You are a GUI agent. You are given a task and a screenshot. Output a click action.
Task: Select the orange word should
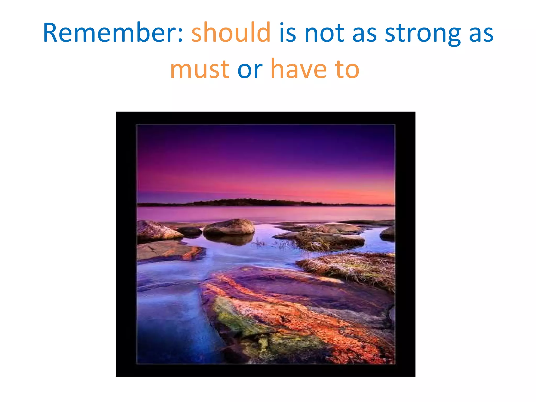click(x=231, y=33)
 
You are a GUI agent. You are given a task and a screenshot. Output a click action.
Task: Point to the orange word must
click(x=200, y=70)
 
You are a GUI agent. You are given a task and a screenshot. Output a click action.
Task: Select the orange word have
click(x=299, y=69)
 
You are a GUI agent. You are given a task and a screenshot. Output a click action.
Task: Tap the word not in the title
click(x=324, y=33)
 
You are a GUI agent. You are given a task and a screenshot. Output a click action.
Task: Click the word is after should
click(x=287, y=33)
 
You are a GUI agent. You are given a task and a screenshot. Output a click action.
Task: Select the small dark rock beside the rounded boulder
click(x=190, y=231)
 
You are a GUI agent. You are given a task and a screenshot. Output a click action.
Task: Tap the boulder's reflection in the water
click(x=229, y=239)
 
